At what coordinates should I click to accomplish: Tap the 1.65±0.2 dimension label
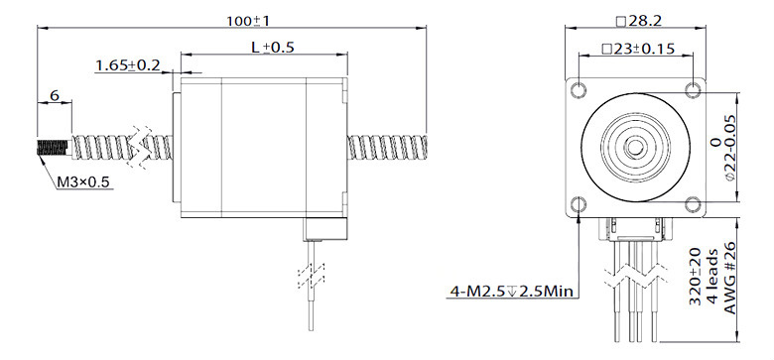click(128, 65)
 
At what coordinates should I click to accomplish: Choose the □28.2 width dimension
click(637, 20)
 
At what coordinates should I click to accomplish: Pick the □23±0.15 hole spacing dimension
click(637, 49)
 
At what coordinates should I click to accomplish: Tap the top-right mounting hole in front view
click(694, 91)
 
